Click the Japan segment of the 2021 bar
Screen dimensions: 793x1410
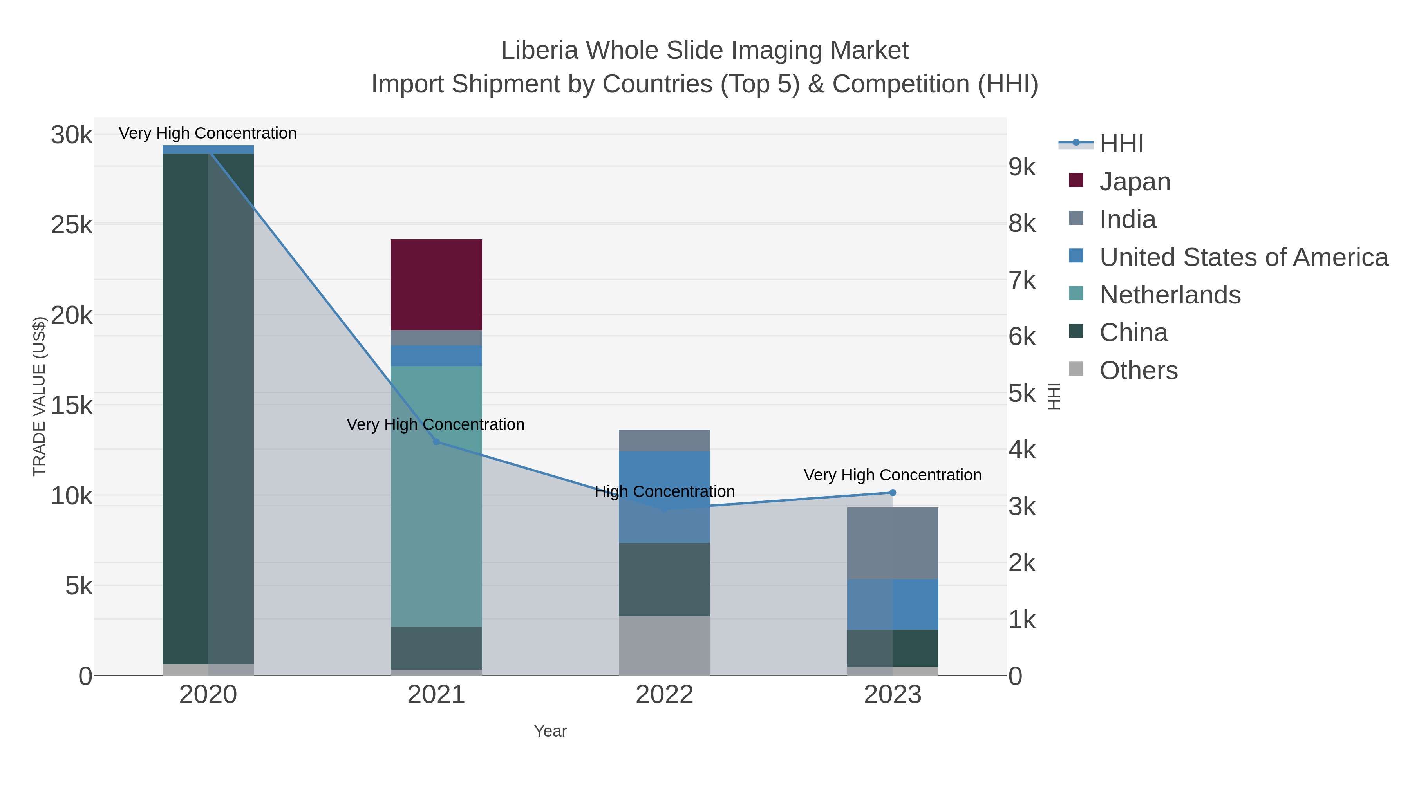[x=436, y=285]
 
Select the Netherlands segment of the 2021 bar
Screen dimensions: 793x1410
[x=436, y=495]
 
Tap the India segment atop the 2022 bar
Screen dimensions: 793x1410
[x=664, y=440]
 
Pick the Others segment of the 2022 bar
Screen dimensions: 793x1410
[x=664, y=645]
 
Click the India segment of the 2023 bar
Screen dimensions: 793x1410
[x=892, y=543]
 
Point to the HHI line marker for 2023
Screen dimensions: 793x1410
[x=893, y=493]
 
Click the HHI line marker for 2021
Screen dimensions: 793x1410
[x=436, y=442]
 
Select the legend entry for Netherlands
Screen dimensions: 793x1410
[x=1170, y=295]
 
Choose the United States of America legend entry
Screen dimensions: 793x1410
[x=1243, y=257]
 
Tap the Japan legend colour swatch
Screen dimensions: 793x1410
[x=1076, y=181]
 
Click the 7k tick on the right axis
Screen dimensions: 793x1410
[x=1022, y=280]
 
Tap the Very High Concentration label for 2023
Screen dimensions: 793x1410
[x=892, y=475]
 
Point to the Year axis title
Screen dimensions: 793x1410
[x=550, y=731]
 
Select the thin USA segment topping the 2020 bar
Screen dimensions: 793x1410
[x=208, y=150]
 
